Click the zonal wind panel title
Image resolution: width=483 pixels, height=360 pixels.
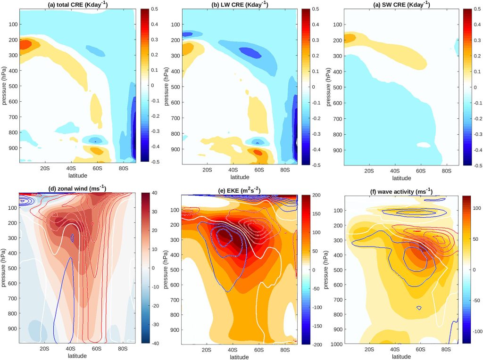coord(78,188)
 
